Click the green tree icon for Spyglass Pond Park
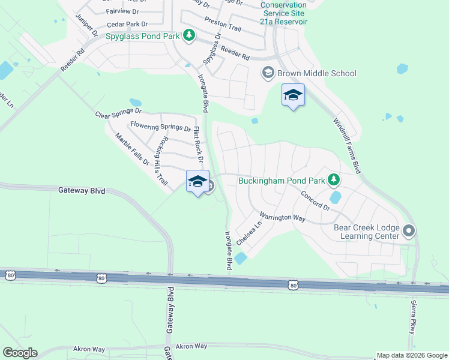tap(189, 36)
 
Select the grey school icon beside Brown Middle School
tap(267, 73)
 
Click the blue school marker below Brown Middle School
tap(293, 96)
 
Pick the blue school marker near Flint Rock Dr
tap(197, 183)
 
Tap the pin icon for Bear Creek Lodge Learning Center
tap(409, 231)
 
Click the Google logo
tap(20, 353)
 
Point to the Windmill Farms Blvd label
tap(348, 146)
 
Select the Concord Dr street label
tap(315, 200)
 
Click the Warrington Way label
tap(282, 217)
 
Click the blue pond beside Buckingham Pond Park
tap(335, 197)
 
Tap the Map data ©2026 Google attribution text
tap(412, 355)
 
